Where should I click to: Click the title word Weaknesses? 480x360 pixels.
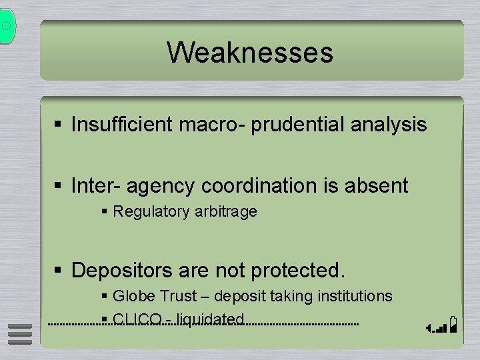point(250,52)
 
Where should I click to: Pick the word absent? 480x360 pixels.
point(377,185)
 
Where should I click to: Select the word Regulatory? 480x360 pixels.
point(150,212)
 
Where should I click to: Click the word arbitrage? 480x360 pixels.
point(224,212)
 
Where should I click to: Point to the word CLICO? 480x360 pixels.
point(137,319)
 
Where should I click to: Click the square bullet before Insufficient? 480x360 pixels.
point(59,125)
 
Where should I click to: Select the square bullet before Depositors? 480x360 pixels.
point(59,271)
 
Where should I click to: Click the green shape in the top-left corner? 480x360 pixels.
point(7,25)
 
